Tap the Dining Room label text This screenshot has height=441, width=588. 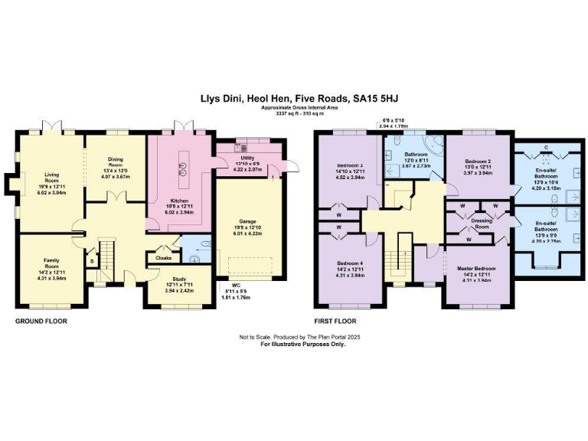click(x=115, y=164)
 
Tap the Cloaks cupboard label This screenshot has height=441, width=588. click(x=163, y=258)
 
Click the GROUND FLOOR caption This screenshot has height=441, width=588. click(x=41, y=322)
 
